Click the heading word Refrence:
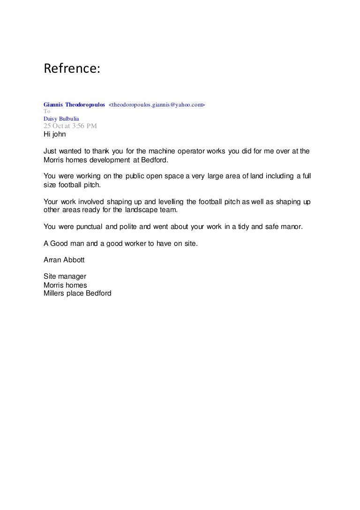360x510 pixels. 72,69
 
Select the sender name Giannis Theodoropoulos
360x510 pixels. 74,105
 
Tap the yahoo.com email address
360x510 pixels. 157,105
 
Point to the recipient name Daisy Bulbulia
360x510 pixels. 61,119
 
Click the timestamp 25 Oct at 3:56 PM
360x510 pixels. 70,126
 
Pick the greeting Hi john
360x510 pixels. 55,134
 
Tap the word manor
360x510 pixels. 292,227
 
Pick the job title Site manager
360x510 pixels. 65,277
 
